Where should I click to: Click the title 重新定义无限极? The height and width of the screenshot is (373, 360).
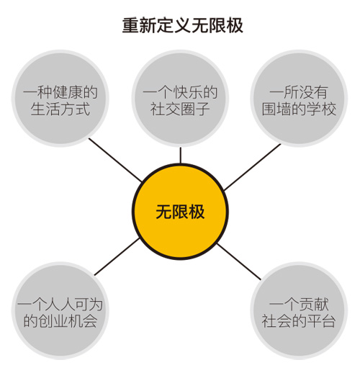183,25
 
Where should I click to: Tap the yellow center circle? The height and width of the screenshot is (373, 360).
180,212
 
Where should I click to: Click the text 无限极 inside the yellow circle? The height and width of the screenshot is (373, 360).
180,212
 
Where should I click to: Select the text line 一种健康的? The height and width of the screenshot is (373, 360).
60,92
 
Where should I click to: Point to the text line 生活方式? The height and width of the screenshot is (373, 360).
60,109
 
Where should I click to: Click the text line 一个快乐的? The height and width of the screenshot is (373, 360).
180,92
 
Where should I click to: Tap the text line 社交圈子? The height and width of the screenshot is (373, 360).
180,109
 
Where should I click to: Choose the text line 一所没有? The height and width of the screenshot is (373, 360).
299,92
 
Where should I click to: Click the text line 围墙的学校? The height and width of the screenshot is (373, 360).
299,109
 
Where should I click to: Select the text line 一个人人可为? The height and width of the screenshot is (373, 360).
60,305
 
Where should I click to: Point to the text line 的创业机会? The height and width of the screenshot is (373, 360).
60,321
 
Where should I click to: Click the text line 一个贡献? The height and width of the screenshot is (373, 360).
299,305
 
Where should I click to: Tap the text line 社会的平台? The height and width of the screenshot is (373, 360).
299,321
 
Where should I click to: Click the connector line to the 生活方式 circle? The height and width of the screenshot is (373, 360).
115,160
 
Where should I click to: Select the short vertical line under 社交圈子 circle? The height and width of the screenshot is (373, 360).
181,156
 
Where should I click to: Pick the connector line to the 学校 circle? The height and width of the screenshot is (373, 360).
252,167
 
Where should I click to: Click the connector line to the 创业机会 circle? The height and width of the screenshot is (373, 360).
117,256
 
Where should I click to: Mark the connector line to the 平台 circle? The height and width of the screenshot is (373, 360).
239,261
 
